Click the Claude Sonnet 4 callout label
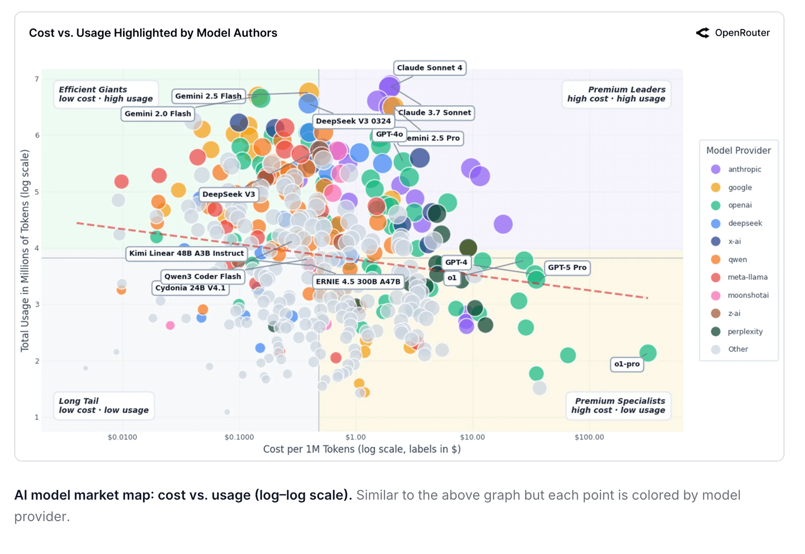coord(429,68)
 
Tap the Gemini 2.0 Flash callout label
coord(158,113)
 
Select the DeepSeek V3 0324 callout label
coord(353,121)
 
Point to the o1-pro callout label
coord(627,364)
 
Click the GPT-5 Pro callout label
coord(567,267)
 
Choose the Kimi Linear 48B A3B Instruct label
coord(186,253)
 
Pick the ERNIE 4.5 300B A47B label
coord(358,281)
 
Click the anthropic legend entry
coord(744,169)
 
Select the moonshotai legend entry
coord(748,295)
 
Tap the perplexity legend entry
coord(745,331)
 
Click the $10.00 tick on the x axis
coord(472,437)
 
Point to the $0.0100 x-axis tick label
coord(122,437)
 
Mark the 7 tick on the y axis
coord(37,79)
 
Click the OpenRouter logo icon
coord(702,33)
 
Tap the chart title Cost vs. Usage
coord(153,33)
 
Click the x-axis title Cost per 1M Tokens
coord(361,449)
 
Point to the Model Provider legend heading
coord(738,151)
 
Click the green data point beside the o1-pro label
coord(648,353)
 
